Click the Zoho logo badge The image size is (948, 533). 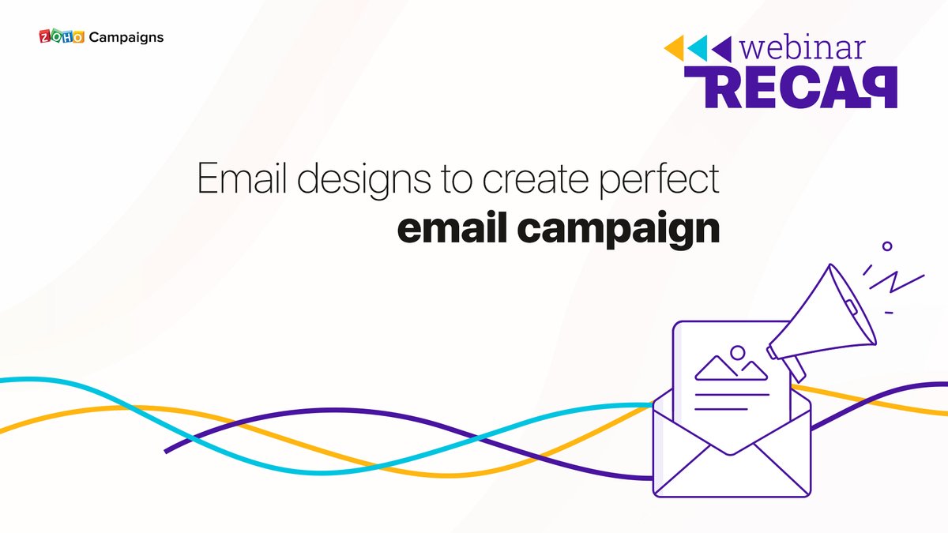(61, 37)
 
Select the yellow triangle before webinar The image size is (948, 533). (674, 48)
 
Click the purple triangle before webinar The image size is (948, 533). (721, 48)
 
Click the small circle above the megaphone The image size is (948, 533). (887, 246)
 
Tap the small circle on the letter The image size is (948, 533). (738, 352)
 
